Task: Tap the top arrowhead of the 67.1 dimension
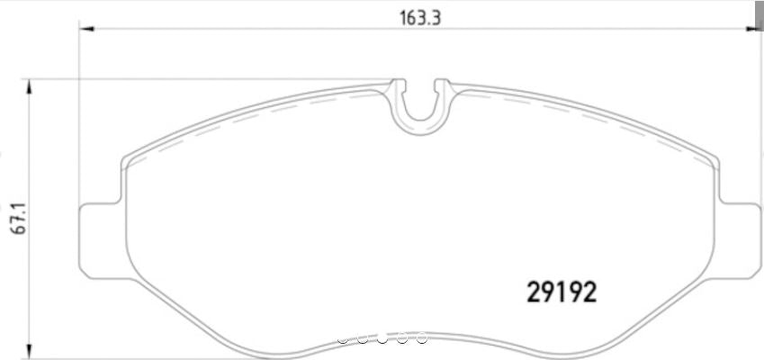click(30, 86)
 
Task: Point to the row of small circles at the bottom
click(382, 339)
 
